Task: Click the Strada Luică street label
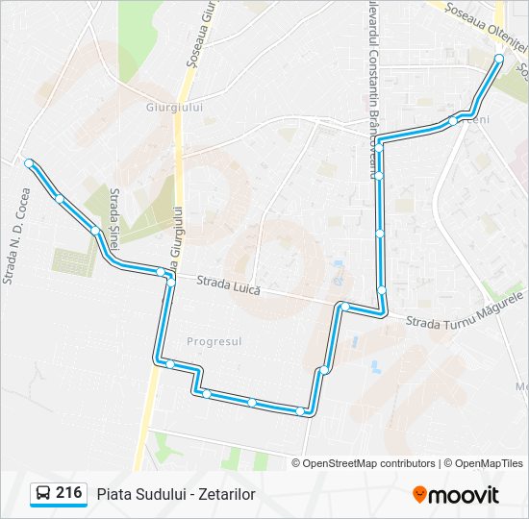pos(228,285)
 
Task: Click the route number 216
pos(68,493)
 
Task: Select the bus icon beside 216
pos(43,494)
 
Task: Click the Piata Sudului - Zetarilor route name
pos(175,494)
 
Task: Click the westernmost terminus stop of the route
pos(30,163)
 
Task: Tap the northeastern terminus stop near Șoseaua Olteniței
pos(498,59)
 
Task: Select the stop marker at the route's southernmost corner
pos(301,411)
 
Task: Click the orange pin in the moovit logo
pos(419,495)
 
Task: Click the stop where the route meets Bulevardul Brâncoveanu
pos(380,146)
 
